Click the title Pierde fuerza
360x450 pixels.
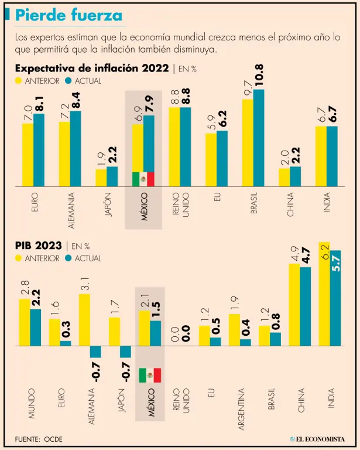pos(68,15)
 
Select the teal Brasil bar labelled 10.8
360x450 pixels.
pos(259,138)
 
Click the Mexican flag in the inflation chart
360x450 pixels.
pos(143,179)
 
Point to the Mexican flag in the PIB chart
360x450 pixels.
pos(149,374)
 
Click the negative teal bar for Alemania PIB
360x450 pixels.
pos(95,352)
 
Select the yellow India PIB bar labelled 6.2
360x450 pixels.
pos(324,293)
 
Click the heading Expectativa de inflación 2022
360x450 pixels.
pos(92,68)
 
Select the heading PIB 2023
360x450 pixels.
pos(38,246)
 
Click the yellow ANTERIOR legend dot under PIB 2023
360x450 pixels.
pos(19,258)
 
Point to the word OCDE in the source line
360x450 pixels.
pos(53,439)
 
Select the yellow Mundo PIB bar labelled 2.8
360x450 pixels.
pos(24,322)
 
